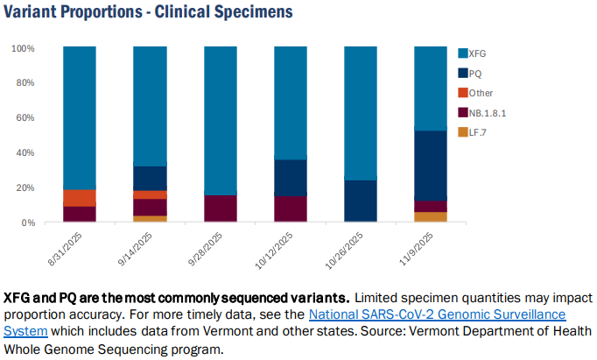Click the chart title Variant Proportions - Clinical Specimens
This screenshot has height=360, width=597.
(148, 11)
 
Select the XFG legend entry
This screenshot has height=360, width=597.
(472, 53)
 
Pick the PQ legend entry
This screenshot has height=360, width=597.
(470, 74)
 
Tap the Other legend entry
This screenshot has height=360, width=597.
(475, 93)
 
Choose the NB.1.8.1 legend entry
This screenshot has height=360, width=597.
(482, 113)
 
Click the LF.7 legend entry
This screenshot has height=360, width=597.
(472, 132)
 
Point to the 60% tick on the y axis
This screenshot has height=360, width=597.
(25, 117)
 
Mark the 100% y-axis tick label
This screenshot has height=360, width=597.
(24, 49)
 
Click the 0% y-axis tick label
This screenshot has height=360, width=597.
(28, 222)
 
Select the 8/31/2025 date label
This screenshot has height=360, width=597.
(65, 249)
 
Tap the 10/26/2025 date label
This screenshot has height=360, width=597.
(344, 251)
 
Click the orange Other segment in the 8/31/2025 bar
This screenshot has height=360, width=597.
(80, 198)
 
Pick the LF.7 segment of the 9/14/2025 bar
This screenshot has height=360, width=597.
(150, 219)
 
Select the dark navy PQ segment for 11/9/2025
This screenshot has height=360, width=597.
(431, 166)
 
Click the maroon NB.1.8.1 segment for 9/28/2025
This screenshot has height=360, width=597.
(221, 208)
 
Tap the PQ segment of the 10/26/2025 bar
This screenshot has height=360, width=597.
(361, 201)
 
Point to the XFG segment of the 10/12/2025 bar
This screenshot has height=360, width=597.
(291, 102)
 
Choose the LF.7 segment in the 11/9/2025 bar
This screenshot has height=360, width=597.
(431, 216)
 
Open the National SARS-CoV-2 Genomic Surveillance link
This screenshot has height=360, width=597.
(437, 314)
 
